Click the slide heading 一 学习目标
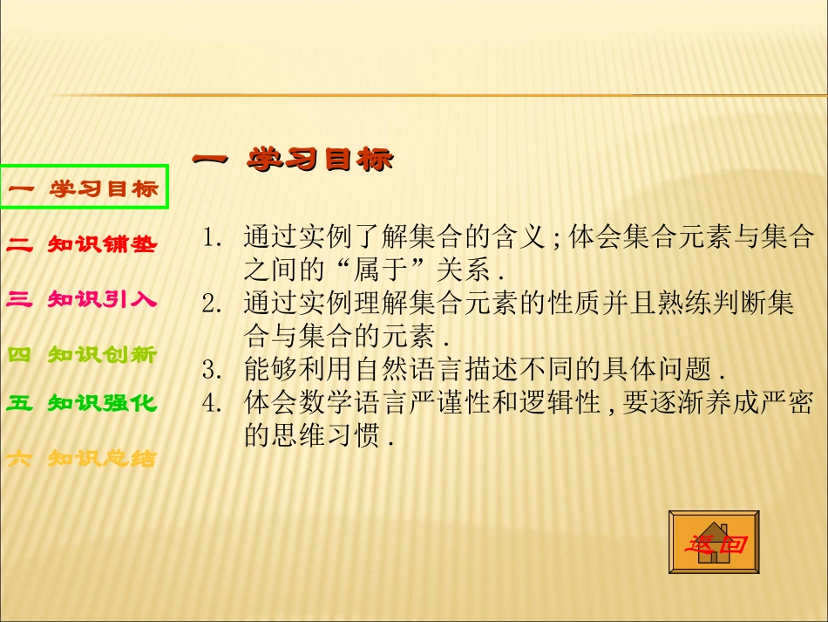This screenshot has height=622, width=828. click(x=292, y=160)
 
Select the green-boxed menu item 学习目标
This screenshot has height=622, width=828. click(x=85, y=188)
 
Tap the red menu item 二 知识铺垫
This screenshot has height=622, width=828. click(x=82, y=245)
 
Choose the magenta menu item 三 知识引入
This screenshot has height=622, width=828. click(x=82, y=300)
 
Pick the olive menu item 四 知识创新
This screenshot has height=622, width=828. click(x=82, y=355)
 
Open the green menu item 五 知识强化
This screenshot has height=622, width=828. click(x=82, y=403)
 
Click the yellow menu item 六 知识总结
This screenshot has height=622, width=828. click(x=82, y=458)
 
